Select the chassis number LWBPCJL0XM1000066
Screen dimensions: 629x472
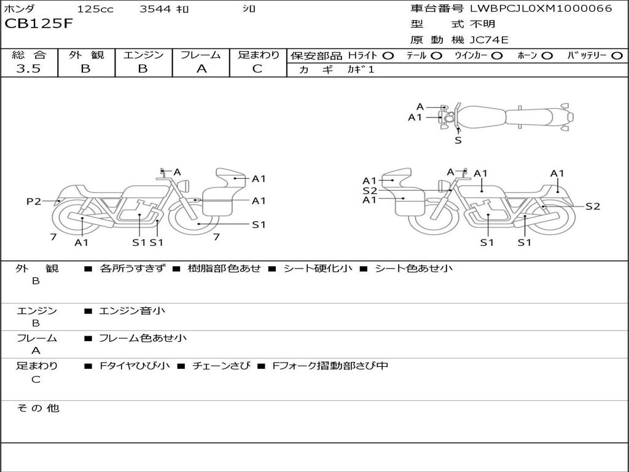tap(541, 9)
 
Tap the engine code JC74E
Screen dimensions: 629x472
tap(489, 41)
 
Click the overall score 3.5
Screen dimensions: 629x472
tap(28, 69)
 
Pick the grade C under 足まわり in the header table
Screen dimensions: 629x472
tap(257, 69)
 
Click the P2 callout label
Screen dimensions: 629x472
tap(34, 201)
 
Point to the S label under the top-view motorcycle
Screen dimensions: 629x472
tap(458, 140)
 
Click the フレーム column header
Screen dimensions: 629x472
tap(200, 55)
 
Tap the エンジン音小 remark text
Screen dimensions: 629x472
tap(132, 311)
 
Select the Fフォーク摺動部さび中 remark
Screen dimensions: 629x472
tap(330, 366)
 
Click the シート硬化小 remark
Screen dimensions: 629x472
tap(318, 269)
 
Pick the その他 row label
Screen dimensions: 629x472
tap(37, 408)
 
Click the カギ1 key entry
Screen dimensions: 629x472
tap(361, 69)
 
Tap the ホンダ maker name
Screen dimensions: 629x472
tap(19, 9)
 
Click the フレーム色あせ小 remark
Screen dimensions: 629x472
tap(143, 338)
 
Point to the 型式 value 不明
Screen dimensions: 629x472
tap(482, 25)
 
